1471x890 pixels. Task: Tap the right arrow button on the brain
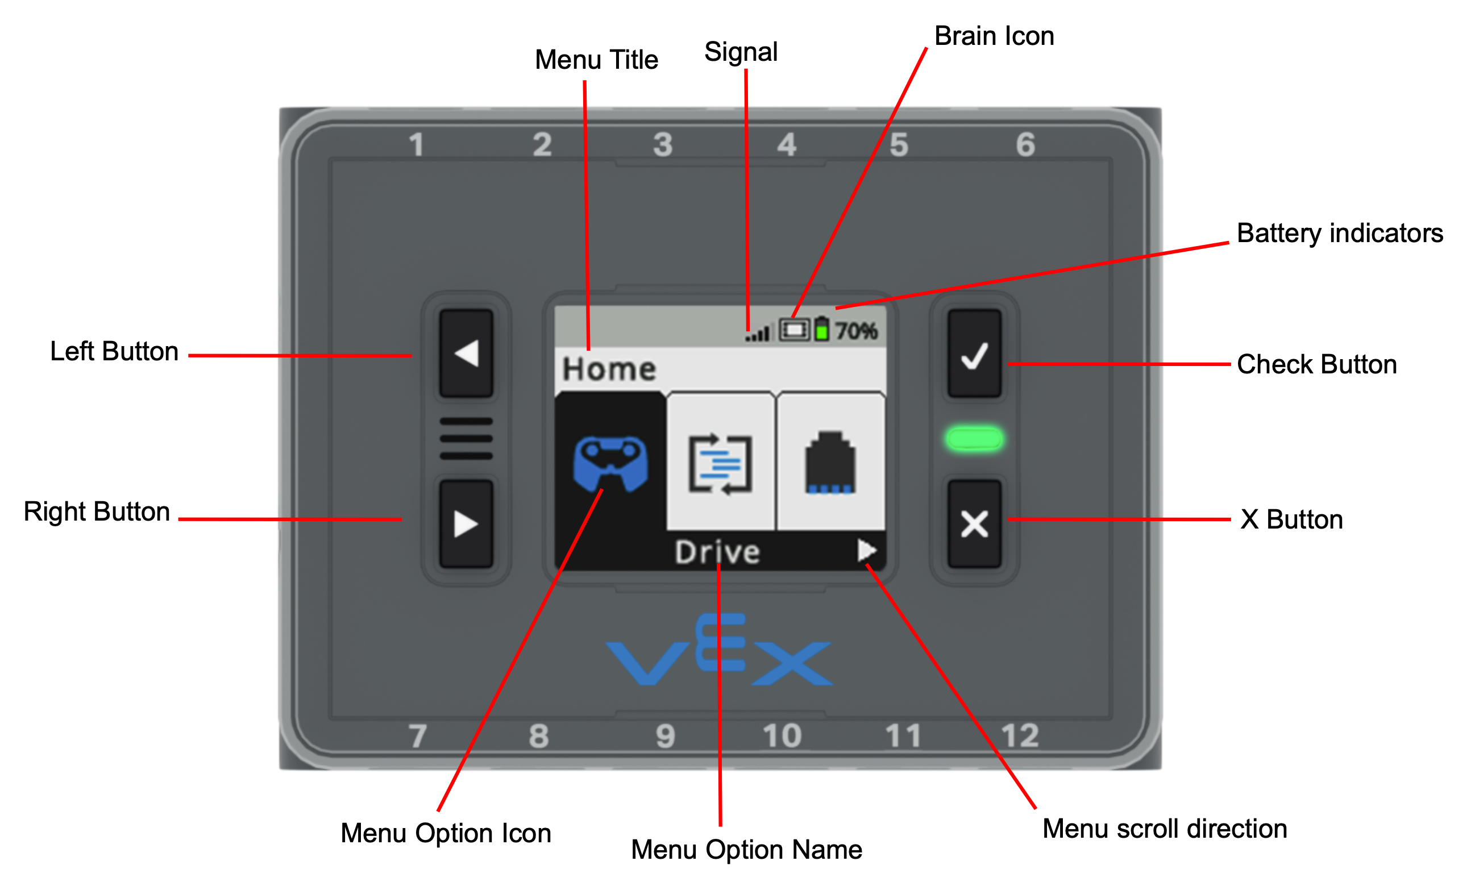pyautogui.click(x=466, y=523)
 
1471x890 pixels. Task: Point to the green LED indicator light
pyautogui.click(x=974, y=439)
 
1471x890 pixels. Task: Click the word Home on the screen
pyautogui.click(x=609, y=369)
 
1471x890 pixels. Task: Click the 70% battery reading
pyautogui.click(x=855, y=331)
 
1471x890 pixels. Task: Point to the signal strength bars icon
pyautogui.click(x=759, y=332)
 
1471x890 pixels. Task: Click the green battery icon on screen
pyautogui.click(x=822, y=329)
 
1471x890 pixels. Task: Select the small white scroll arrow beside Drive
pyautogui.click(x=866, y=550)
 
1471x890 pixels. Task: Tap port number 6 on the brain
pyautogui.click(x=1025, y=145)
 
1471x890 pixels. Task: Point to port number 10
pyautogui.click(x=782, y=735)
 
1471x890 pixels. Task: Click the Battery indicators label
pyautogui.click(x=1339, y=234)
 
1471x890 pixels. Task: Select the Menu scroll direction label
pyautogui.click(x=1164, y=829)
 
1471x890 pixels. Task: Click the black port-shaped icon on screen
pyautogui.click(x=830, y=463)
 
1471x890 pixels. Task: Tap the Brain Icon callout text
pyautogui.click(x=994, y=36)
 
